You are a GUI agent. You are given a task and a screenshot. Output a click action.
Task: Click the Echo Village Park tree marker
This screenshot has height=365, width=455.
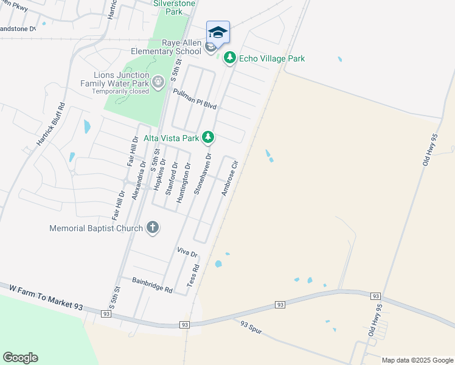pyautogui.click(x=229, y=58)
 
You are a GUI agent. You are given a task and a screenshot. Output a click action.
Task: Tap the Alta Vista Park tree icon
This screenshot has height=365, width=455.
pyautogui.click(x=208, y=137)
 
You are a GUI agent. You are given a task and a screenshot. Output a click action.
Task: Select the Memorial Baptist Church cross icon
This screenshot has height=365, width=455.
pyautogui.click(x=152, y=228)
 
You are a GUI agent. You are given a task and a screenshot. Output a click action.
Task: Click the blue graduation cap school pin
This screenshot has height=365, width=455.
pyautogui.click(x=218, y=32)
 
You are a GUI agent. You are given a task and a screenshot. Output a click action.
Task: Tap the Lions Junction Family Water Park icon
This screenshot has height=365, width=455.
pyautogui.click(x=158, y=82)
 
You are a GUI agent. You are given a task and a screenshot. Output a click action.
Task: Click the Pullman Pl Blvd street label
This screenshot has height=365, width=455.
pyautogui.click(x=195, y=99)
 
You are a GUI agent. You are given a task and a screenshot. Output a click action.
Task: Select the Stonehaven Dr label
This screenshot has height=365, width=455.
pyautogui.click(x=203, y=174)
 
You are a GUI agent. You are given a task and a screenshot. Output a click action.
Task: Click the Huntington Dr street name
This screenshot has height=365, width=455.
pyautogui.click(x=183, y=182)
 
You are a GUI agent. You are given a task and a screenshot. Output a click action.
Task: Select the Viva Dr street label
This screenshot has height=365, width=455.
pyautogui.click(x=187, y=252)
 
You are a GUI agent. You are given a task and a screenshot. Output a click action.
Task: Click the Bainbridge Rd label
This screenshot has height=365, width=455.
pyautogui.click(x=152, y=285)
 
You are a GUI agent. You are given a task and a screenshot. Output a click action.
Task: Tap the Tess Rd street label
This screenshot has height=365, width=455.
pyautogui.click(x=193, y=276)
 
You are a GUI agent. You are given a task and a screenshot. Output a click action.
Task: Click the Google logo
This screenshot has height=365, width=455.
pyautogui.click(x=20, y=358)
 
